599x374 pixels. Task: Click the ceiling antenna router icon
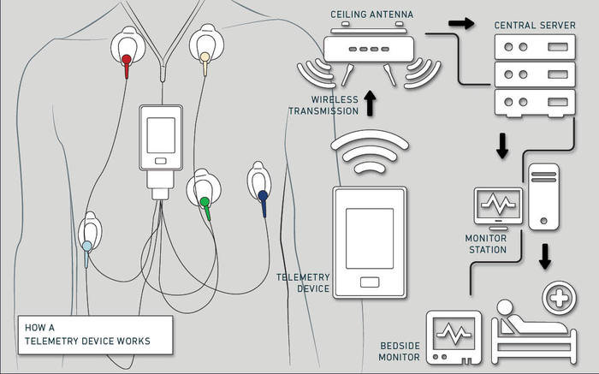coord(369,49)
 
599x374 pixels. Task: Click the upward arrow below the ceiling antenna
coord(369,104)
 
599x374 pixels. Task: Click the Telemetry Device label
coord(303,283)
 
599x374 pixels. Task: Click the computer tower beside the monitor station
coord(543,196)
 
